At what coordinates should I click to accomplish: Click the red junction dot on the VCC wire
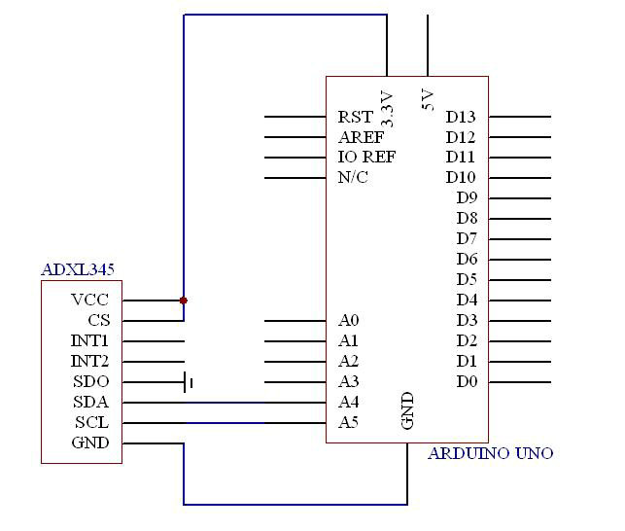[184, 301]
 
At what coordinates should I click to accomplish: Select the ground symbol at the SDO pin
[189, 382]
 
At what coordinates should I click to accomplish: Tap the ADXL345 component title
[78, 270]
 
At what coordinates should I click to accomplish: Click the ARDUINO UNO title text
[491, 453]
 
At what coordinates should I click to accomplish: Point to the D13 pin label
[461, 117]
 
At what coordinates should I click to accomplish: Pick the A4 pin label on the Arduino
[348, 402]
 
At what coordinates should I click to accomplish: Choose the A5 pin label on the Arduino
[348, 422]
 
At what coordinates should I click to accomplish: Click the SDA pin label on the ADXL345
[90, 402]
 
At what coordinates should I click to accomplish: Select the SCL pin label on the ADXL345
[91, 422]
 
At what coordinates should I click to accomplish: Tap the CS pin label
[98, 320]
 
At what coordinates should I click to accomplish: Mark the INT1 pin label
[89, 340]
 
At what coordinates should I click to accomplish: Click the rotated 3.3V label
[387, 108]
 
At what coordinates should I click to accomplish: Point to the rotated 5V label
[428, 100]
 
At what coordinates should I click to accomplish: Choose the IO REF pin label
[366, 158]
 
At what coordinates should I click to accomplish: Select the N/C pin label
[353, 177]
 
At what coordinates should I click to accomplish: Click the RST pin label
[355, 117]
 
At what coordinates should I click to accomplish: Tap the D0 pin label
[467, 382]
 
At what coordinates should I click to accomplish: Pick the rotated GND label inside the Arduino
[407, 410]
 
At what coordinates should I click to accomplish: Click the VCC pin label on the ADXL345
[89, 300]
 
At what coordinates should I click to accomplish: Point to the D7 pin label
[467, 239]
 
